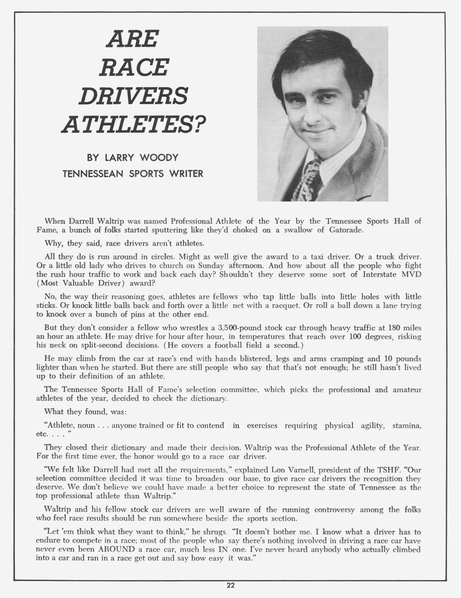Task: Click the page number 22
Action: pos(230,586)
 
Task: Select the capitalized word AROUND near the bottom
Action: pos(115,549)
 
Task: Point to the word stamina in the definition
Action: pos(407,426)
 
